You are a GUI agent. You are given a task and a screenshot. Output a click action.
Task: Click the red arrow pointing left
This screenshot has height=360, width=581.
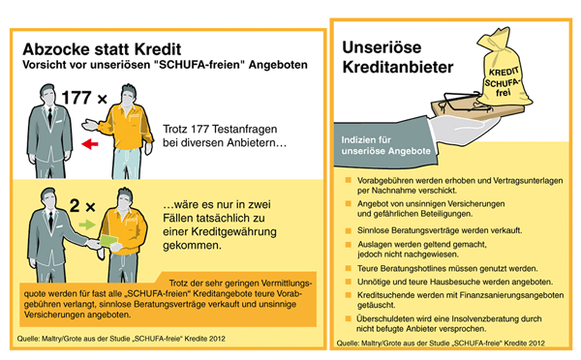[90, 143]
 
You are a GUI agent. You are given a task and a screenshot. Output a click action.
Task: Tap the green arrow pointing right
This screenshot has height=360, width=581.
[87, 225]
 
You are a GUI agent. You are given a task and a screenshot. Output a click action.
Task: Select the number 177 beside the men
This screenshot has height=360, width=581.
[76, 98]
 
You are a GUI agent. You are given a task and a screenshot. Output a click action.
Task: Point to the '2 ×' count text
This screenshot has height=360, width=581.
[82, 205]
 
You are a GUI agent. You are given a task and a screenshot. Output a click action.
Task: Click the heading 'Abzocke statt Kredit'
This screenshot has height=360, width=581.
[102, 49]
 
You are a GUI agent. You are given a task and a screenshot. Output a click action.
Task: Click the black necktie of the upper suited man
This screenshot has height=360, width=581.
[49, 116]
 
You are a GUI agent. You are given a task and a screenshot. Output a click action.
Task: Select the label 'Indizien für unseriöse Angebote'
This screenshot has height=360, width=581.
[385, 145]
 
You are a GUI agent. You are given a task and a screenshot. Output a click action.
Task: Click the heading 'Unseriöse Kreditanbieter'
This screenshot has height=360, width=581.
[398, 57]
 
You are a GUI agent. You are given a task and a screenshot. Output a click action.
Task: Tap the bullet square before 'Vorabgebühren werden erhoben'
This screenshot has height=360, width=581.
[349, 180]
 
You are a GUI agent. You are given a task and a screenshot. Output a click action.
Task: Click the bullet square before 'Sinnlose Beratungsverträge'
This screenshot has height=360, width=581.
[349, 230]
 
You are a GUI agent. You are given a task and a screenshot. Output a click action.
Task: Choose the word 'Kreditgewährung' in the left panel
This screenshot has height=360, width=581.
[233, 232]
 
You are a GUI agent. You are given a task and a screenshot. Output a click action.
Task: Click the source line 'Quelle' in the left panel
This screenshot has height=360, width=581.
[121, 339]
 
